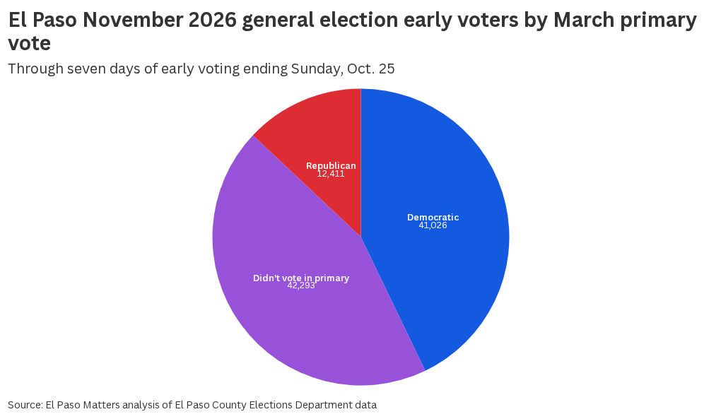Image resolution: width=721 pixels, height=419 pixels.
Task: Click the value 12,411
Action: (x=331, y=174)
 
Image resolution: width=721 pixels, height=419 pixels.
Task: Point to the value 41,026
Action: (x=433, y=225)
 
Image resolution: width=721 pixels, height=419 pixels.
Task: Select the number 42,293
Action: (x=301, y=285)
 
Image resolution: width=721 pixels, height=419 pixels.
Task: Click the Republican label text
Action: (x=331, y=166)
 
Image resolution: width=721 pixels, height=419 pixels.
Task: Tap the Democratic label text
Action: (x=433, y=218)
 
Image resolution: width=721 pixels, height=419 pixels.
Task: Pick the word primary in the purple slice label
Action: (x=332, y=278)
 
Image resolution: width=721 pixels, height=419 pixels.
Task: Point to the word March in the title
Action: (x=583, y=20)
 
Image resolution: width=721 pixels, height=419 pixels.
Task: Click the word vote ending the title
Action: (x=30, y=44)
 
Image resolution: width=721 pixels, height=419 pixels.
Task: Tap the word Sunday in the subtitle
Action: (x=317, y=69)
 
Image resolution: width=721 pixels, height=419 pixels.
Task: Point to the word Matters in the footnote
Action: (x=102, y=405)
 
